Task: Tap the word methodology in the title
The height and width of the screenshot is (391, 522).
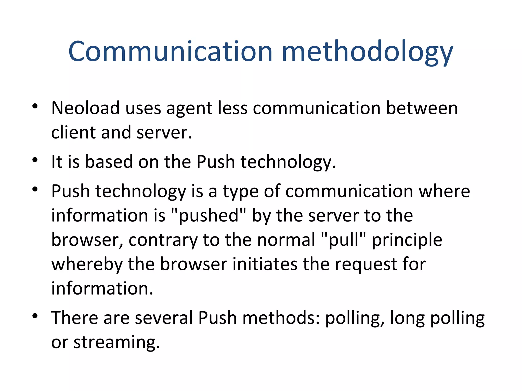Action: coord(367,52)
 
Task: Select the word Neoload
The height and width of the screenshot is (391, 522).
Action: coord(85,108)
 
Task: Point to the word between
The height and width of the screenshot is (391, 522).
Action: coord(422,108)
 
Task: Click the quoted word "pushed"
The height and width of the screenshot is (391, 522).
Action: coord(209,216)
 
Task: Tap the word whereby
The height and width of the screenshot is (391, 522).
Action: coord(87,264)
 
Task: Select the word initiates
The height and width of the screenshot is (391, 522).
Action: coord(265,264)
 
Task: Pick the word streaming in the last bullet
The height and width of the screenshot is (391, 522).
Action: coord(116,343)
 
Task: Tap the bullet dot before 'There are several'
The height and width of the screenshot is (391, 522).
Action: coord(35,316)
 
